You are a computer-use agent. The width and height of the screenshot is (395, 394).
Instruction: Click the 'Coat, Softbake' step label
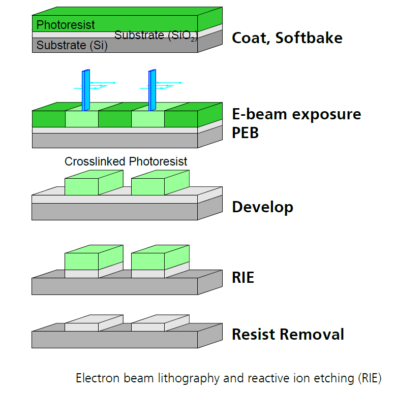(x=287, y=38)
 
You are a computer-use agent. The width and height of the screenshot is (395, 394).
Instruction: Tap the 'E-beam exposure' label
(x=296, y=114)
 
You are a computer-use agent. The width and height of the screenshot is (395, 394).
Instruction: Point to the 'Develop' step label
(x=262, y=207)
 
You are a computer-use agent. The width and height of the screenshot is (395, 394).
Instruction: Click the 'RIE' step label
(x=243, y=278)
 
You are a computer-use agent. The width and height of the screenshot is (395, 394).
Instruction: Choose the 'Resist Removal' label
(x=288, y=335)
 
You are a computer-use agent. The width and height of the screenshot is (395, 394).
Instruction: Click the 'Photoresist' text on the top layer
(x=66, y=24)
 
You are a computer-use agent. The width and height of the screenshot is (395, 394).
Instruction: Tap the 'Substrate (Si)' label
(x=68, y=45)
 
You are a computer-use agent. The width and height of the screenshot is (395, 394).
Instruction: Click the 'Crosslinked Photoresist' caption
(x=126, y=161)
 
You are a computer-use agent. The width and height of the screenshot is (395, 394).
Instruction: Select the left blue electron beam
(x=86, y=89)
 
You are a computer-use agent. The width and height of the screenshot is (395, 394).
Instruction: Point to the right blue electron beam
(x=152, y=89)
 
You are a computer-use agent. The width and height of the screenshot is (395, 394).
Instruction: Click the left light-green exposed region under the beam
(x=81, y=119)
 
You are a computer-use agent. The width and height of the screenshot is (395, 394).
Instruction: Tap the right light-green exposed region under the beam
(x=147, y=119)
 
